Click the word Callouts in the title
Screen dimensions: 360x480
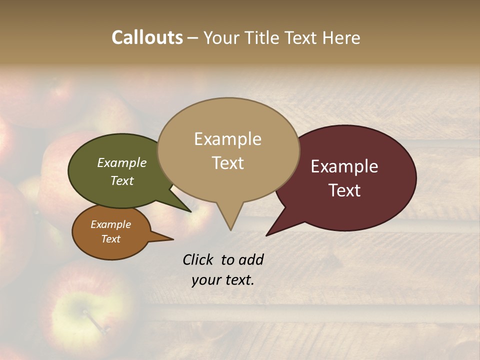(x=147, y=37)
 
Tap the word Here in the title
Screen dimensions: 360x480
(x=340, y=37)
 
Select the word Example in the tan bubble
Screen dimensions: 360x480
(x=227, y=139)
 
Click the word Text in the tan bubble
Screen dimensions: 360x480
(x=227, y=163)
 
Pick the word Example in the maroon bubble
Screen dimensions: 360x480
(x=344, y=166)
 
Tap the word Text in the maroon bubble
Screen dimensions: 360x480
(x=344, y=190)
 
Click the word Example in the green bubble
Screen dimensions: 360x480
(x=121, y=163)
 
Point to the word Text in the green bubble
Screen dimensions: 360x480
(x=121, y=180)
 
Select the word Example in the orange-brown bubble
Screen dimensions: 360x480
(x=110, y=224)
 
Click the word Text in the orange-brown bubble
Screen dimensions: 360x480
(x=110, y=239)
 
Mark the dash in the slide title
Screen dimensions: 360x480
(x=193, y=38)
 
